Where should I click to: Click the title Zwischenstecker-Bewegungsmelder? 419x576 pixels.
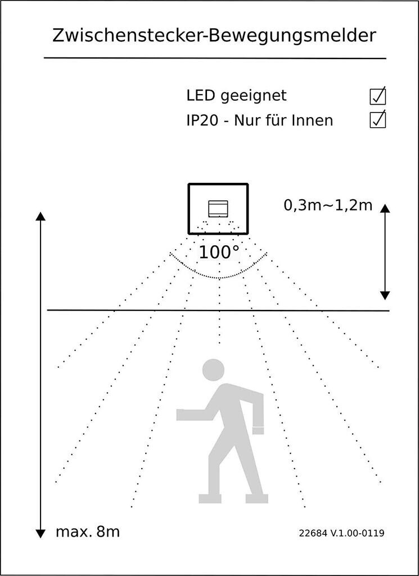[x=214, y=35]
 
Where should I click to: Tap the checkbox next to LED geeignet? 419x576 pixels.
[x=377, y=96]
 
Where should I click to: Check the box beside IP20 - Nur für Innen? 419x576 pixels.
[x=377, y=120]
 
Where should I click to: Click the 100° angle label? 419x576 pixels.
[x=219, y=252]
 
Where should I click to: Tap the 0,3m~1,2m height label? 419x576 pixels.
[x=328, y=205]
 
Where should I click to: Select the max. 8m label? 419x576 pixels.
[x=88, y=532]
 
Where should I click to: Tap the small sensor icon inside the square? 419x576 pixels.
[x=218, y=209]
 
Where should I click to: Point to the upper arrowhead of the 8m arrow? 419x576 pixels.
[x=40, y=217]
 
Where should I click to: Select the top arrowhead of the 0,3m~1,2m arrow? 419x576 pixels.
[x=385, y=209]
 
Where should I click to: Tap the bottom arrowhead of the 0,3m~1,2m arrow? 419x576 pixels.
[x=385, y=295]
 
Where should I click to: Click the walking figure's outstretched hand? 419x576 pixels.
[x=182, y=415]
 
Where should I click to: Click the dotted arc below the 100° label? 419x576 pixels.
[x=218, y=277]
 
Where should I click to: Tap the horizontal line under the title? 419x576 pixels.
[x=215, y=58]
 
